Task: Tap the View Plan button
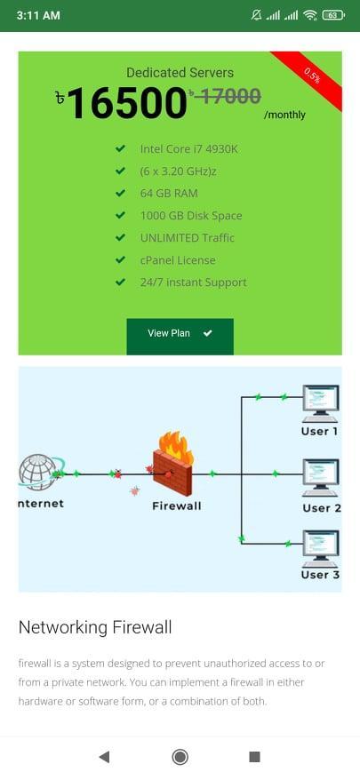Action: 180,337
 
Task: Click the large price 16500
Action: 126,103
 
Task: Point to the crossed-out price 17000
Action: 227,95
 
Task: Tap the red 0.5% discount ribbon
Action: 313,76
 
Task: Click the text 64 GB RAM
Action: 169,193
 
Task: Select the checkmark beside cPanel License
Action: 120,259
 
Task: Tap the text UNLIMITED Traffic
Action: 188,238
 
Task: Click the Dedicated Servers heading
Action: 180,73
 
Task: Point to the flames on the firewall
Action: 175,446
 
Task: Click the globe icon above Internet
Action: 38,472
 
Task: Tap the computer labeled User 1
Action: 321,403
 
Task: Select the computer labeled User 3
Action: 321,549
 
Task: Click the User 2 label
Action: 322,508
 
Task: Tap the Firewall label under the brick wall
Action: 177,505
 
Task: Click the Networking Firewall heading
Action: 95,627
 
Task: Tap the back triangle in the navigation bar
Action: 104,757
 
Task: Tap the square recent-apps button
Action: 254,757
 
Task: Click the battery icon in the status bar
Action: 333,15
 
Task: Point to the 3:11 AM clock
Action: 38,15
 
